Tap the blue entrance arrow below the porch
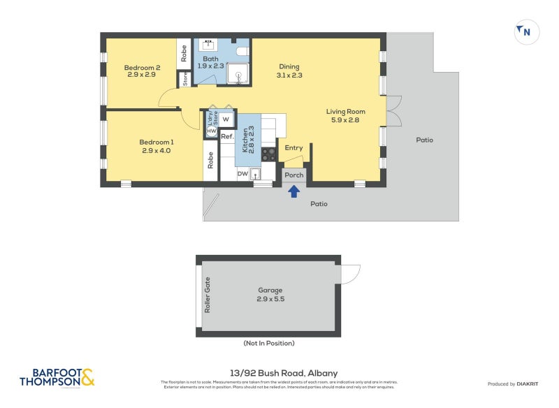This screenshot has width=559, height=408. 294,189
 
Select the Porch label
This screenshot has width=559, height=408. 293,175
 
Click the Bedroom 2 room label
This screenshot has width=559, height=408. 143,68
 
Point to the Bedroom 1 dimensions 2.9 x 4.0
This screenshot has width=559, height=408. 156,150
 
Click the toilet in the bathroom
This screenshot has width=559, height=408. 242,52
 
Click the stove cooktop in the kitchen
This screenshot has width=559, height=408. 269,153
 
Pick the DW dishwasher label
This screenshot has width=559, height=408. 242,174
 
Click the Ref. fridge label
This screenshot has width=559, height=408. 227,136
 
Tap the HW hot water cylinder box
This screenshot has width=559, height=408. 211,131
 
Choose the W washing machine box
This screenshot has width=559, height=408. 226,119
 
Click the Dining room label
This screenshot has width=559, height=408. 289,68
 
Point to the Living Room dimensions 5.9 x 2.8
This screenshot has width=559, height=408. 346,120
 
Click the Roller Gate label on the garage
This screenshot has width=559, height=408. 207,295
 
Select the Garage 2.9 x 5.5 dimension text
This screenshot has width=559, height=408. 270,298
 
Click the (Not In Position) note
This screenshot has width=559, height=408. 269,343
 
